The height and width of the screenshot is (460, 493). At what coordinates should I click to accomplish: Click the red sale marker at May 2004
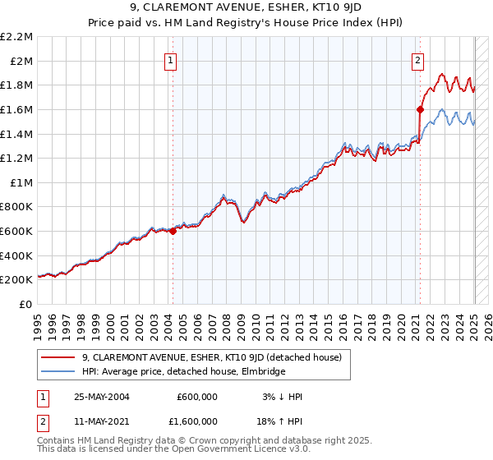[173, 232]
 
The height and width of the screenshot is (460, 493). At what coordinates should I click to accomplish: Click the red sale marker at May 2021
[420, 108]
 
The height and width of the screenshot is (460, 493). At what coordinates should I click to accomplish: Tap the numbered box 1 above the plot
[170, 59]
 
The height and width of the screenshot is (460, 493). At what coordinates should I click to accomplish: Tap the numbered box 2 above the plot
[417, 59]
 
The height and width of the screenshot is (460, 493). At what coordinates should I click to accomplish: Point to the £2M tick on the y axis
[22, 61]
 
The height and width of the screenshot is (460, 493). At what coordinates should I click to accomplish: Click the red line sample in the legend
[58, 356]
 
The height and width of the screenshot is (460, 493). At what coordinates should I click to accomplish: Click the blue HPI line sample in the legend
[58, 371]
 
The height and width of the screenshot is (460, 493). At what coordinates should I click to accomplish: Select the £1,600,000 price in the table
[197, 424]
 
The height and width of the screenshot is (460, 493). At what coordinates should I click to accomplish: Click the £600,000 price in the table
[197, 396]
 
